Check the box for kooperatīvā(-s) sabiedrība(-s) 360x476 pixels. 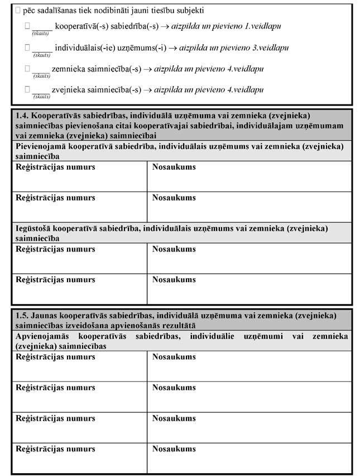(27, 26)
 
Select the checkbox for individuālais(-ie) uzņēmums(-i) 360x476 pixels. (27, 48)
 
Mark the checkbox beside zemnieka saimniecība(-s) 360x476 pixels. (27, 69)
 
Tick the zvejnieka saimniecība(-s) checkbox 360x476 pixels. (27, 89)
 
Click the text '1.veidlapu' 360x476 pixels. (263, 27)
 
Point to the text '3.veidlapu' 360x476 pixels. (270, 48)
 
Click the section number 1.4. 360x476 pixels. (22, 115)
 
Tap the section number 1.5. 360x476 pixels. (22, 316)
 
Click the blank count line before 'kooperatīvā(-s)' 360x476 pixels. (42, 27)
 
